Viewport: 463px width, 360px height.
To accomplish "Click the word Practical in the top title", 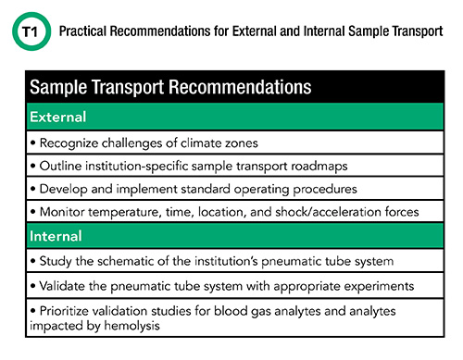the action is [x=82, y=31].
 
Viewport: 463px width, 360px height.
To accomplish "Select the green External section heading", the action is [x=58, y=117].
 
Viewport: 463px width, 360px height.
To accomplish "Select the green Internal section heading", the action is [x=56, y=236].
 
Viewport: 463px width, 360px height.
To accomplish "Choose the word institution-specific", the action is [x=137, y=167].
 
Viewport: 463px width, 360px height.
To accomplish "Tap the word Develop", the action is [x=64, y=189].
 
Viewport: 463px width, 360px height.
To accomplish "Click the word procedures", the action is [x=325, y=189].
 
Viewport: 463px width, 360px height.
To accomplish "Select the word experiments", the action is [x=379, y=286].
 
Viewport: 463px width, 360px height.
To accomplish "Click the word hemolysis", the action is [x=131, y=326].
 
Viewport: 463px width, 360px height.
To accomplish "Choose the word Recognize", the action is [x=69, y=143].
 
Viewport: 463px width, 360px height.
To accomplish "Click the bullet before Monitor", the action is [x=33, y=212].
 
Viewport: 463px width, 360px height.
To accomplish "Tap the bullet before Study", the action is [x=33, y=261].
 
